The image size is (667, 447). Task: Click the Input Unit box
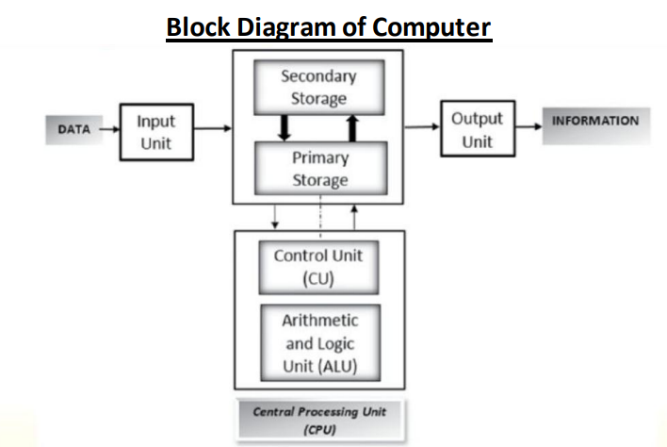[155, 132]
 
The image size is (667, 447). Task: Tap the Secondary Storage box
[319, 87]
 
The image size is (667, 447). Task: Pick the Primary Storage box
[319, 168]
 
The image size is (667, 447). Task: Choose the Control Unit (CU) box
[317, 267]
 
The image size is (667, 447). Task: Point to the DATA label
[73, 130]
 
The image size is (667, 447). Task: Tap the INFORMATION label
[594, 122]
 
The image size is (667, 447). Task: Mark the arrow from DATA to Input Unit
[109, 130]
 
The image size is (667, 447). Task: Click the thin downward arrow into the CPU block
[274, 216]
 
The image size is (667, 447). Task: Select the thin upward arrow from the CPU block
[354, 216]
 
